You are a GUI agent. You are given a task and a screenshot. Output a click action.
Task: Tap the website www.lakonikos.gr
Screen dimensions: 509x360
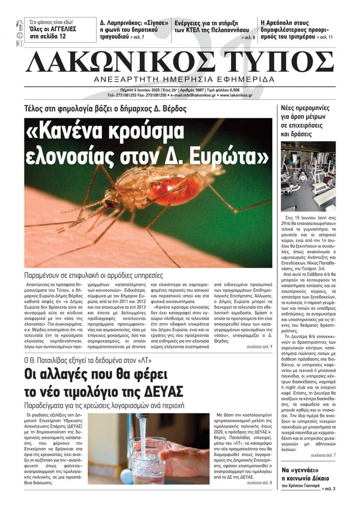coord(236,95)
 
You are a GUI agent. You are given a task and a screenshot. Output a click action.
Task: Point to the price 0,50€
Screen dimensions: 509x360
coord(234,90)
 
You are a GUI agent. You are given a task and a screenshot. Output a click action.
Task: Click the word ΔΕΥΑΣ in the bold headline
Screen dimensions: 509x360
coord(166,391)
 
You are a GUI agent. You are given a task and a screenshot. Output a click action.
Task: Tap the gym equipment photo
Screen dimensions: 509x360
coord(308,176)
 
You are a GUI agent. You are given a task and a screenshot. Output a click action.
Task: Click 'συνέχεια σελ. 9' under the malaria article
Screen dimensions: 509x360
coord(259,347)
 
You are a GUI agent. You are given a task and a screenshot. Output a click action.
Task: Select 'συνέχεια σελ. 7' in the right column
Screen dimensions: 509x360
coord(323,455)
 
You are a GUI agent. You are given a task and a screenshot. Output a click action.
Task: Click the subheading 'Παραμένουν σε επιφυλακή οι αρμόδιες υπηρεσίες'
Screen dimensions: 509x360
coord(94,276)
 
